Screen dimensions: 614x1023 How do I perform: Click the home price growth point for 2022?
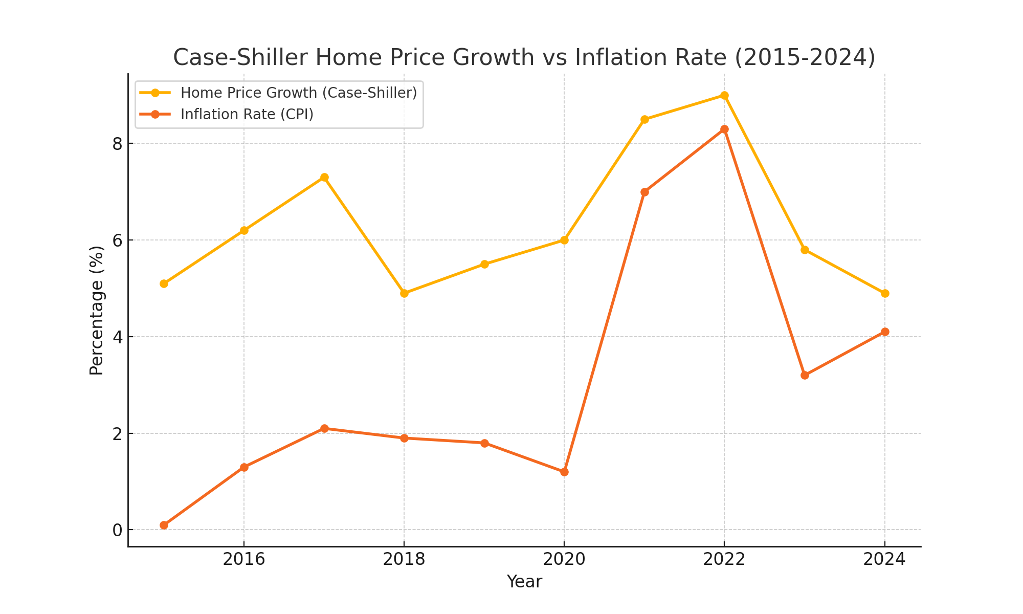coord(724,95)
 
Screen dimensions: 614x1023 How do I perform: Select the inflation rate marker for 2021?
coord(644,192)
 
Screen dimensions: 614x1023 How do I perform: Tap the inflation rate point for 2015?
coord(164,525)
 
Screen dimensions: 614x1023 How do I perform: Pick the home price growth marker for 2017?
coord(324,178)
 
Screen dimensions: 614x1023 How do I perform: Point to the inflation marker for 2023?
coord(805,375)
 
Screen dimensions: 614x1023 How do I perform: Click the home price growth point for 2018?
coord(404,293)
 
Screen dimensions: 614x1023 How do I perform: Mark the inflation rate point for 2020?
coord(564,472)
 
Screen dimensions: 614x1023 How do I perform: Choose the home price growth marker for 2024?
coord(885,293)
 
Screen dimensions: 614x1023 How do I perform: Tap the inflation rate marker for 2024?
coord(885,332)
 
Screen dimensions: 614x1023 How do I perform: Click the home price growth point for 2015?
coord(164,283)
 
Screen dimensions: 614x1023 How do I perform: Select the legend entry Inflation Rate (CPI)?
coord(247,114)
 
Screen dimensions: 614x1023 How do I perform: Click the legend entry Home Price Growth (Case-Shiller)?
coord(298,93)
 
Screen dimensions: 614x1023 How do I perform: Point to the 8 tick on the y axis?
coord(118,144)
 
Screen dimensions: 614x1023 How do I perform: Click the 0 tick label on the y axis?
coord(118,530)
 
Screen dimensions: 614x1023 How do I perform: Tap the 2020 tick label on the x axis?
coord(564,559)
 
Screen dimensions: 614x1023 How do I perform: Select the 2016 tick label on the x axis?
coord(244,559)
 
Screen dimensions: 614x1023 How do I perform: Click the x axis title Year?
coord(524,582)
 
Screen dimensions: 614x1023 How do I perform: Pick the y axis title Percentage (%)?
coord(97,310)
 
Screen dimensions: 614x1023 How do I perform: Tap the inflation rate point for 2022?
coord(724,129)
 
